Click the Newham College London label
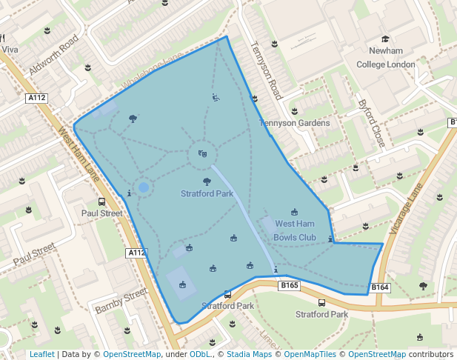tap(385, 58)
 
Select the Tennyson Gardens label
tap(294, 123)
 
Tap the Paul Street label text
tap(101, 213)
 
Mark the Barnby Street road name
tap(121, 301)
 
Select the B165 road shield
tap(289, 285)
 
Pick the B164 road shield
tap(379, 287)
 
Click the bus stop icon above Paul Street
tap(102, 201)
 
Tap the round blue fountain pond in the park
tap(143, 188)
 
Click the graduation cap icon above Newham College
tap(385, 39)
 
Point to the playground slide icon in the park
tap(215, 97)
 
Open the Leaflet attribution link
tap(41, 355)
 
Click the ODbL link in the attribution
tap(199, 355)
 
